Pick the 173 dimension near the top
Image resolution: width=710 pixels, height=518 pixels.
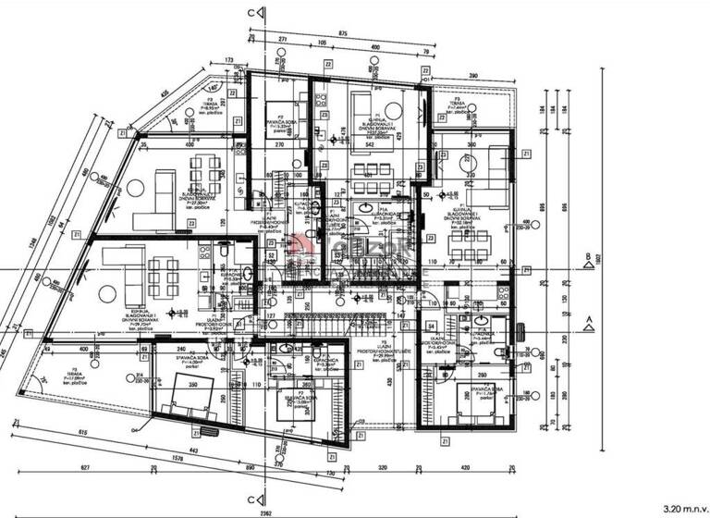click(x=229, y=60)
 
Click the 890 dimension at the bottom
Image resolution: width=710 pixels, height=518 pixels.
click(x=250, y=469)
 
